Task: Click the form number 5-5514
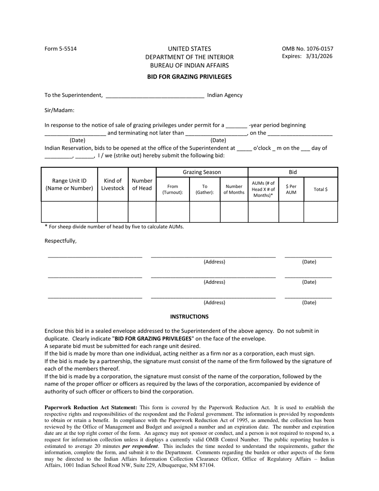pyautogui.click(x=61, y=49)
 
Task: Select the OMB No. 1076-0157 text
pyautogui.click(x=307, y=49)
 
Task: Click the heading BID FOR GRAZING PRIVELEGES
pyautogui.click(x=189, y=77)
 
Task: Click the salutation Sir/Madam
pyautogui.click(x=59, y=111)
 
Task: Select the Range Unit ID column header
pyautogui.click(x=69, y=184)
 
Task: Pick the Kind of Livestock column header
pyautogui.click(x=113, y=184)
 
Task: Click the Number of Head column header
pyautogui.click(x=142, y=184)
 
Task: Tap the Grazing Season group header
pyautogui.click(x=202, y=172)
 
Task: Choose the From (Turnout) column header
pyautogui.click(x=173, y=189)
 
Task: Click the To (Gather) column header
pyautogui.click(x=205, y=189)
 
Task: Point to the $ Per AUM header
pyautogui.click(x=291, y=189)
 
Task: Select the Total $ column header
pyautogui.click(x=321, y=189)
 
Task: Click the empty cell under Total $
pyautogui.click(x=321, y=212)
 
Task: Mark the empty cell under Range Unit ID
pyautogui.click(x=69, y=212)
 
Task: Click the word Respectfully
pyautogui.click(x=60, y=241)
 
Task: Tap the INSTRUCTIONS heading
pyautogui.click(x=189, y=317)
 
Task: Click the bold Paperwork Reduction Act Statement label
pyautogui.click(x=91, y=408)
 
